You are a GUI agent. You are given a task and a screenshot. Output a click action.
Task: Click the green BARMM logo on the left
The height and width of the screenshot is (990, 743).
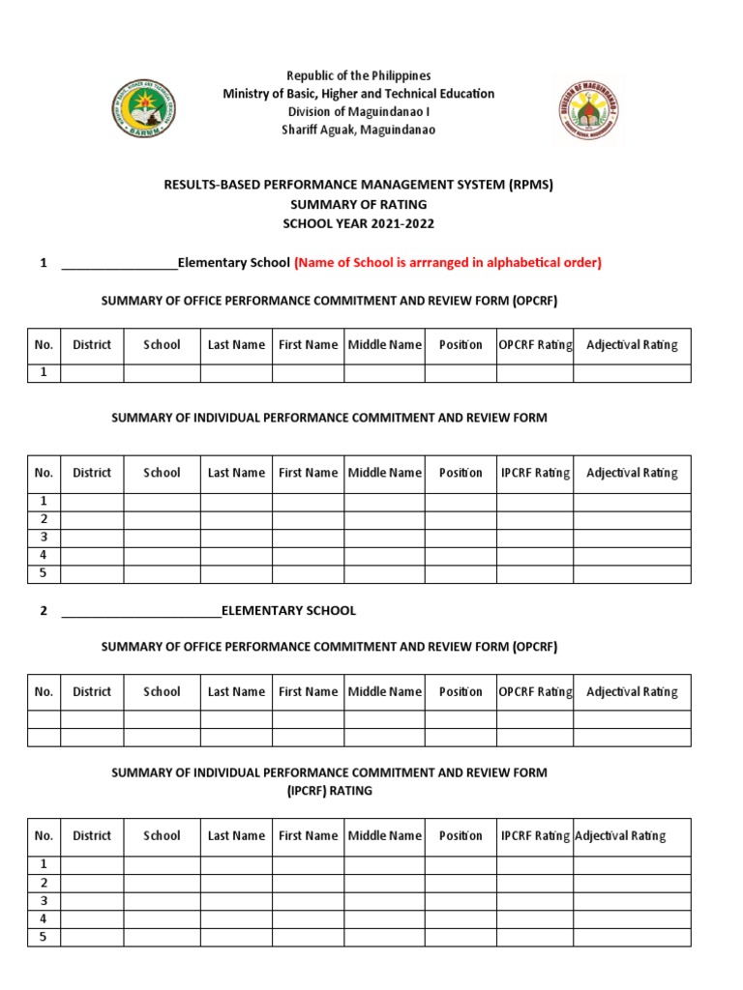click(144, 109)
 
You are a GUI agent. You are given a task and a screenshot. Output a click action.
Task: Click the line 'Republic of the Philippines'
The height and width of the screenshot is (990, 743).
click(358, 75)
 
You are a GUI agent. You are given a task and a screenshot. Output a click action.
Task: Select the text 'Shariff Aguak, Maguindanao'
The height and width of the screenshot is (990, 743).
click(358, 130)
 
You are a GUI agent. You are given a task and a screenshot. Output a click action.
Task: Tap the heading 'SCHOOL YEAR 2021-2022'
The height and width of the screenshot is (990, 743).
click(358, 223)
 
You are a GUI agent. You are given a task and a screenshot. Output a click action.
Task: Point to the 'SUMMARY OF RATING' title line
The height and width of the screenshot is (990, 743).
click(358, 204)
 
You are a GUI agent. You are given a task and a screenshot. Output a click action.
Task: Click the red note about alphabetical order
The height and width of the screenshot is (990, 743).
click(448, 262)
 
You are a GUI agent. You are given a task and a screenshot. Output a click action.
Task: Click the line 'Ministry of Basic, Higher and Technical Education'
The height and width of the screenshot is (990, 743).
click(358, 94)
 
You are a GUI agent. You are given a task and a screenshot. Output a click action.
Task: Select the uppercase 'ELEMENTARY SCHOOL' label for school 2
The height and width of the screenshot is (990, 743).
click(288, 610)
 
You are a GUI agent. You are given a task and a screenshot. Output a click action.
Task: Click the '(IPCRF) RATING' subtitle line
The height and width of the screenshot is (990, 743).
click(329, 790)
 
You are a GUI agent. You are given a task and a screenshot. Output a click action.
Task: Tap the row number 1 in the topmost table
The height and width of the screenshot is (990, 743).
click(43, 372)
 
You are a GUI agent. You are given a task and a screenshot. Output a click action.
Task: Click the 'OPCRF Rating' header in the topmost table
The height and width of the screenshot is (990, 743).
click(535, 345)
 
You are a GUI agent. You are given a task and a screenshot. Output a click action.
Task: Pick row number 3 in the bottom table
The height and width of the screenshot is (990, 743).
click(43, 900)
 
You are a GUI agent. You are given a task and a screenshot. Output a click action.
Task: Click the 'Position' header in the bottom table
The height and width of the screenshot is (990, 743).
click(461, 835)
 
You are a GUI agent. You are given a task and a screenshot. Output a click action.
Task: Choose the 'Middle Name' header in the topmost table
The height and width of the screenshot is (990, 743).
click(384, 345)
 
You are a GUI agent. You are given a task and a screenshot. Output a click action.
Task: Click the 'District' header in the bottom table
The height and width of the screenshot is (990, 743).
click(92, 835)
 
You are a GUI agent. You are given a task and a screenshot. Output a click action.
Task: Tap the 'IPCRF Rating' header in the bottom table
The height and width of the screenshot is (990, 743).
click(535, 835)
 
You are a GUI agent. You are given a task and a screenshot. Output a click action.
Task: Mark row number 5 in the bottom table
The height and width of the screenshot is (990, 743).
click(43, 936)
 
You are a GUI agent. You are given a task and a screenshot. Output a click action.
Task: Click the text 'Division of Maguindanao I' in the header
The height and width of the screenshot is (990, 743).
click(358, 112)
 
